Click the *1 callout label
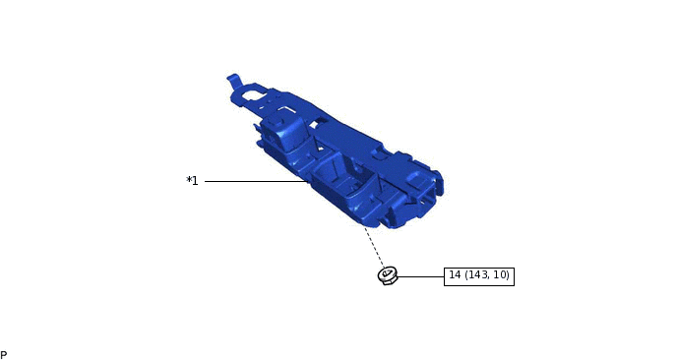tap(193, 181)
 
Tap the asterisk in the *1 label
tap(189, 180)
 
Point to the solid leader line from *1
tap(256, 181)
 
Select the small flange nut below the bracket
tap(388, 275)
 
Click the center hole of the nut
tap(387, 273)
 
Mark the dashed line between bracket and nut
tap(374, 247)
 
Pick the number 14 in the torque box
tap(455, 275)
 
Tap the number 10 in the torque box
tap(501, 275)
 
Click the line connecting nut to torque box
tap(420, 276)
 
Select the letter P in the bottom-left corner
tap(4, 355)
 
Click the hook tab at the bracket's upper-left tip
tap(234, 80)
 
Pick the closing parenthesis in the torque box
tap(508, 275)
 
